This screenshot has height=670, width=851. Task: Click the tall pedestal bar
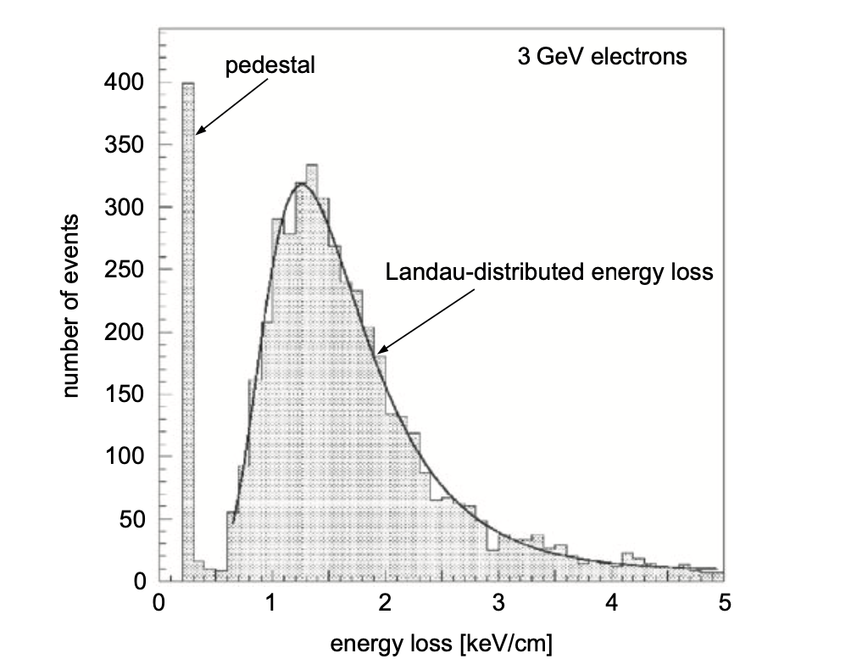click(188, 331)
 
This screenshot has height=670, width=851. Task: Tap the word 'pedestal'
click(270, 65)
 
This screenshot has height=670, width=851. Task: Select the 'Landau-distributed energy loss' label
click(550, 273)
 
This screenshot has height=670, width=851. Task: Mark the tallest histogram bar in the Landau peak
click(311, 373)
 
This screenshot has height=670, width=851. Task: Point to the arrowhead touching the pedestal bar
click(200, 131)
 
